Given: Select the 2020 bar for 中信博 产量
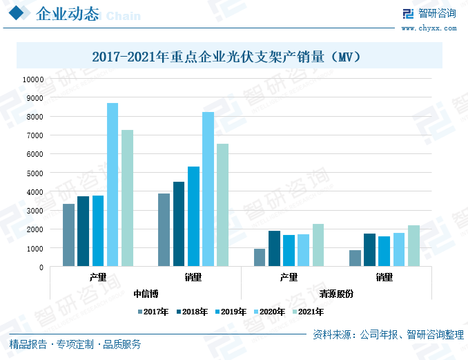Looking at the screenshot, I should coord(113,184).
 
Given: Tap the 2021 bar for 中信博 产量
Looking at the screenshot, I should coord(127,198).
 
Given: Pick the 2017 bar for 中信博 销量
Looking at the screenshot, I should coord(164,230).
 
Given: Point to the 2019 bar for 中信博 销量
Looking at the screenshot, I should coord(193,216).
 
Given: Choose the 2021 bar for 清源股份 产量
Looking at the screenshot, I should coord(318,245).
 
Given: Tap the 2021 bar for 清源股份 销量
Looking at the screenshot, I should coord(413,246).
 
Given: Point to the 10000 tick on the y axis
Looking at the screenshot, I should coord(32,79).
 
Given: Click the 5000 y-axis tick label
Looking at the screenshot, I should coord(35,173).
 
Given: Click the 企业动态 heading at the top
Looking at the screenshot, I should coord(66,15).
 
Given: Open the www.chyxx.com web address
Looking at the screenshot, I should coord(429,28).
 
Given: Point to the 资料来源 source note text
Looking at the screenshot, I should coord(388,334).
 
